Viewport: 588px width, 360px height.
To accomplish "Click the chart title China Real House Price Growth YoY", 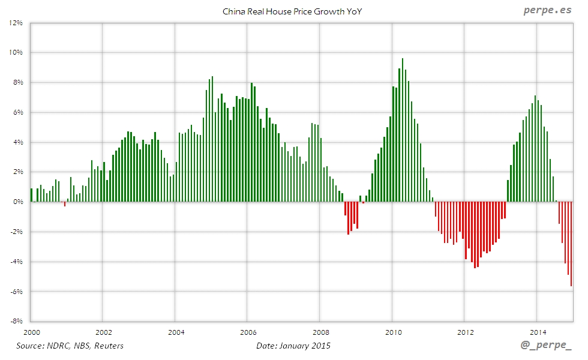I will coord(292,11).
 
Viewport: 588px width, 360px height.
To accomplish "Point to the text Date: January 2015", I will coord(293,346).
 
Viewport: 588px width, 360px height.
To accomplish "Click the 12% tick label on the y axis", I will coord(15,23).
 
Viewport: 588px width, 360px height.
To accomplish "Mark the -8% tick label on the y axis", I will coord(14,321).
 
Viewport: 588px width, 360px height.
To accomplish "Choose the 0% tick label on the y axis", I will coord(17,202).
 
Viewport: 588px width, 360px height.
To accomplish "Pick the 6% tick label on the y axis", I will coord(17,112).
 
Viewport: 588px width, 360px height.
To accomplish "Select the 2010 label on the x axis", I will coord(393,331).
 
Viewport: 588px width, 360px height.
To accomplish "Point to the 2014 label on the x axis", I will coord(537,331).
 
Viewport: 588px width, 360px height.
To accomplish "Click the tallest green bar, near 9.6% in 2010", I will coord(402,130).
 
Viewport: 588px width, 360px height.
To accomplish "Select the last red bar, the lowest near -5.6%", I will coord(571,244).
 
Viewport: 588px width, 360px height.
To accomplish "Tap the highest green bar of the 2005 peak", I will coord(212,139).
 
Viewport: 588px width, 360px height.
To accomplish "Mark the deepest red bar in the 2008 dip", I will coord(348,218).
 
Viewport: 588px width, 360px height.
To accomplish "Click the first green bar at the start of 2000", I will coord(31,195).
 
